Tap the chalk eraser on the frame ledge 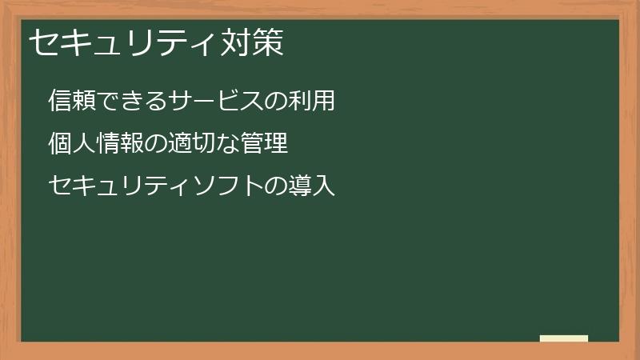(564, 338)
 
